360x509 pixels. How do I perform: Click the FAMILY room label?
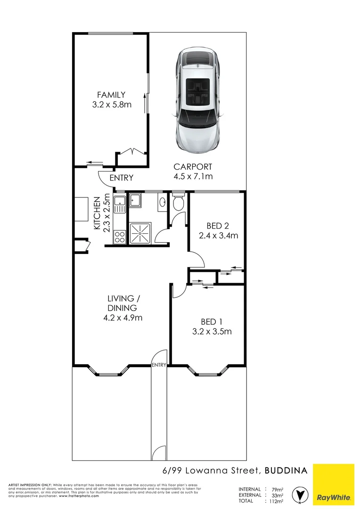pos(111,95)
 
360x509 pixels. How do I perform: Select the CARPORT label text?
pos(193,166)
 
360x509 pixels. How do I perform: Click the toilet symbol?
pos(178,203)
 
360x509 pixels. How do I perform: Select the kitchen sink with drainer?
pos(120,204)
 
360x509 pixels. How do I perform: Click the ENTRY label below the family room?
pos(121,178)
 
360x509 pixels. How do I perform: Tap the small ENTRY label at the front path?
pos(159,365)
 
